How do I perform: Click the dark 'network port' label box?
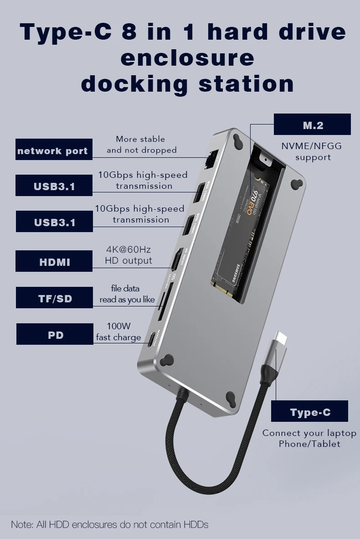tap(54, 150)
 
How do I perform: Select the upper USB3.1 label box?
tap(54, 186)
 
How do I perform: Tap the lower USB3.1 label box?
tap(54, 222)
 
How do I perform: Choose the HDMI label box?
tap(54, 261)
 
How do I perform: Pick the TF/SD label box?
tap(54, 298)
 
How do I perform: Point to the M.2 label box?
tap(312, 124)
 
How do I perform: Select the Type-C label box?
tap(309, 411)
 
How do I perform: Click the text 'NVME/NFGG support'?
tap(312, 151)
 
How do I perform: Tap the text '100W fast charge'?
tap(118, 332)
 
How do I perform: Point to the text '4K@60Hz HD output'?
tap(128, 255)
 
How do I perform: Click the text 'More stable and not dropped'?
tap(141, 145)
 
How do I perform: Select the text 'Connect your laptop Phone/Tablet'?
tap(309, 438)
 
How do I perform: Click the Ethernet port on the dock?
tap(211, 159)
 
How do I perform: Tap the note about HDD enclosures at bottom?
tap(109, 524)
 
